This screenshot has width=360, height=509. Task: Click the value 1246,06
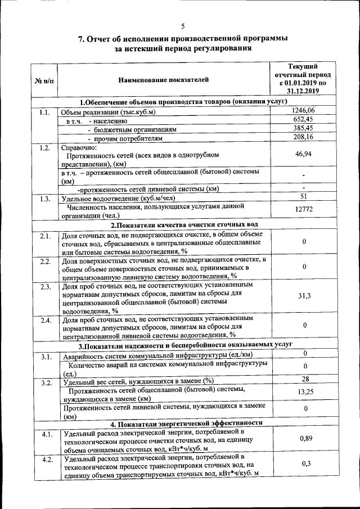[303, 110]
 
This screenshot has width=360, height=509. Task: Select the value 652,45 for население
[303, 119]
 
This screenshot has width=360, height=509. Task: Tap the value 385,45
[303, 128]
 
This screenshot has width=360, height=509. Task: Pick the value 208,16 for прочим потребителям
[303, 137]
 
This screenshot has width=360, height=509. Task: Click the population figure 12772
[303, 210]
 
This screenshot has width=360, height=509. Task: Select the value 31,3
[304, 296]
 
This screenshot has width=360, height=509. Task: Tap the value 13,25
[304, 393]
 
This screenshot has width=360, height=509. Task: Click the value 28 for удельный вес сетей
[304, 379]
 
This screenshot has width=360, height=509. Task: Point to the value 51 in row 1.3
[304, 197]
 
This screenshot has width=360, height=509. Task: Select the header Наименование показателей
[163, 80]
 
